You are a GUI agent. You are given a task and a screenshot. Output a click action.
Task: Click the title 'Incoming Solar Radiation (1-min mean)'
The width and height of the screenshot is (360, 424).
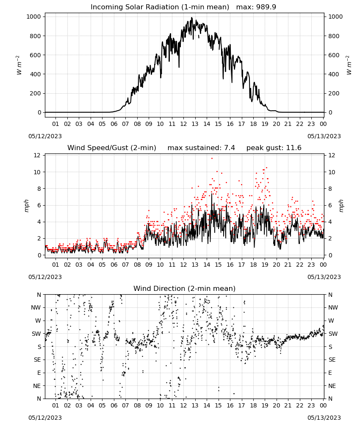(x=160, y=7)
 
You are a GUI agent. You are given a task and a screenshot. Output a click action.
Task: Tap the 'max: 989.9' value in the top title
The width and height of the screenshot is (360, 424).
(x=256, y=7)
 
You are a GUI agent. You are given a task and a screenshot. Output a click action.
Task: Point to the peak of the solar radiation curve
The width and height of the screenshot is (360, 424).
(x=192, y=18)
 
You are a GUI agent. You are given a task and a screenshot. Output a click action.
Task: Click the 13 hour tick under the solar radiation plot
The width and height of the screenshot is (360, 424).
(x=195, y=124)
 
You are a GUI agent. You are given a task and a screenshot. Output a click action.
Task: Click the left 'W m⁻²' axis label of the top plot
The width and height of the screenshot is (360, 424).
(x=19, y=65)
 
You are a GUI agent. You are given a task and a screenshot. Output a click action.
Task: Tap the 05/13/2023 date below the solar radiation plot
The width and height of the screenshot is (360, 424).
(x=324, y=136)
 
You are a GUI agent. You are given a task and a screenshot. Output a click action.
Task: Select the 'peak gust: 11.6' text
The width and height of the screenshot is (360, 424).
(x=274, y=148)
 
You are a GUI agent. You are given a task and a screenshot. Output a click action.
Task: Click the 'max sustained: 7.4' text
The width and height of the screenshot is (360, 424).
(x=201, y=148)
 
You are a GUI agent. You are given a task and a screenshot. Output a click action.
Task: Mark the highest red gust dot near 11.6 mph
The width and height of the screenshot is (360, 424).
(x=212, y=158)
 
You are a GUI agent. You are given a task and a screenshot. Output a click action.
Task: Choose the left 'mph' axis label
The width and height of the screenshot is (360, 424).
(x=26, y=206)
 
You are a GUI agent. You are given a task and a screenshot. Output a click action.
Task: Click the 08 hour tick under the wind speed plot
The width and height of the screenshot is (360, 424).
(x=137, y=265)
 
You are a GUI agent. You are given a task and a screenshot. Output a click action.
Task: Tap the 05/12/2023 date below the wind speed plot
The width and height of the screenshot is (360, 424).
(x=45, y=277)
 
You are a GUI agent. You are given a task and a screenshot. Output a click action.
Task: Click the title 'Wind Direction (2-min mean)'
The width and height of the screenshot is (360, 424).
(x=185, y=288)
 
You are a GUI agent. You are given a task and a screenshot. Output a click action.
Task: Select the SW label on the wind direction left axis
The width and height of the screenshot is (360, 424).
(x=36, y=334)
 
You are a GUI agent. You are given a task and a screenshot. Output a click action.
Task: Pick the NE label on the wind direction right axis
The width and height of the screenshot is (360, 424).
(x=332, y=386)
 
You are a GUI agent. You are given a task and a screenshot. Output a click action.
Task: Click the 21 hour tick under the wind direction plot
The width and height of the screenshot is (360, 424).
(x=288, y=405)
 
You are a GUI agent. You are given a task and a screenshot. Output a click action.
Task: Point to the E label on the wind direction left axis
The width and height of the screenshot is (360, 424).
(x=39, y=373)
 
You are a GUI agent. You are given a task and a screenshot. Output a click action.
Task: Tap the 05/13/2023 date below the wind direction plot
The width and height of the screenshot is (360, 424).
(x=324, y=418)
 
